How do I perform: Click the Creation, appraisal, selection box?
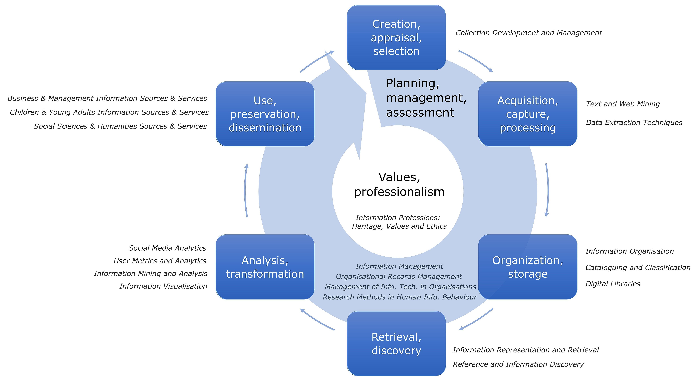click(x=396, y=38)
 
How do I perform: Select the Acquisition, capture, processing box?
click(x=527, y=114)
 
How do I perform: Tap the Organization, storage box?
click(x=527, y=267)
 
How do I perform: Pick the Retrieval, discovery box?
click(x=396, y=343)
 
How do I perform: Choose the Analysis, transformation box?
click(x=265, y=267)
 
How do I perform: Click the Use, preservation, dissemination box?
click(x=265, y=114)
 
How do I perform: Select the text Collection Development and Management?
click(x=529, y=33)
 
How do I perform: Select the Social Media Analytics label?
click(x=167, y=248)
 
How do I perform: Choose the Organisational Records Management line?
click(x=398, y=277)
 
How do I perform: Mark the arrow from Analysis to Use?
click(x=246, y=190)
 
